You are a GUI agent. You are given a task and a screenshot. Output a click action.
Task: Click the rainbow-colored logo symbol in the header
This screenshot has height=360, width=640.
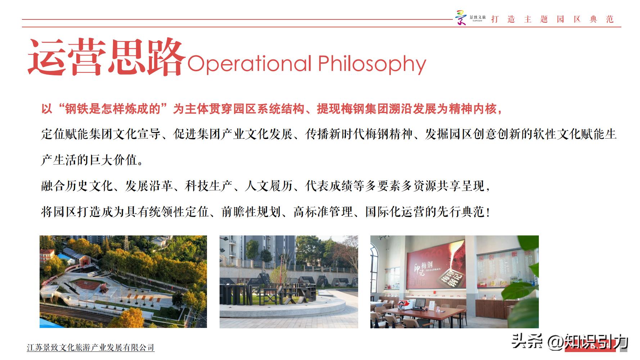[x=461, y=18]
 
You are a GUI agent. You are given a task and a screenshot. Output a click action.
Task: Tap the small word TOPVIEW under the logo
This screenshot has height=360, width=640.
[x=477, y=21]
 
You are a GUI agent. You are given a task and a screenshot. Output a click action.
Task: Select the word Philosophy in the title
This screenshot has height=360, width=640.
[x=372, y=64]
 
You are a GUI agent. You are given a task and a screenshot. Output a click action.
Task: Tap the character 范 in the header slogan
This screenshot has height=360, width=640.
[x=610, y=19]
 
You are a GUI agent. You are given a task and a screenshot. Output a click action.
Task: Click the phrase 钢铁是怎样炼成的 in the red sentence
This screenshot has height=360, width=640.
[x=112, y=109]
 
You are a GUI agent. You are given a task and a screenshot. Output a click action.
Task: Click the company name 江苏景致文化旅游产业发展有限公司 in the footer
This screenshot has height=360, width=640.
[x=91, y=347]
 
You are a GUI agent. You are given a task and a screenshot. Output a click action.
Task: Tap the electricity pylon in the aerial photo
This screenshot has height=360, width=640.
[x=127, y=243]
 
